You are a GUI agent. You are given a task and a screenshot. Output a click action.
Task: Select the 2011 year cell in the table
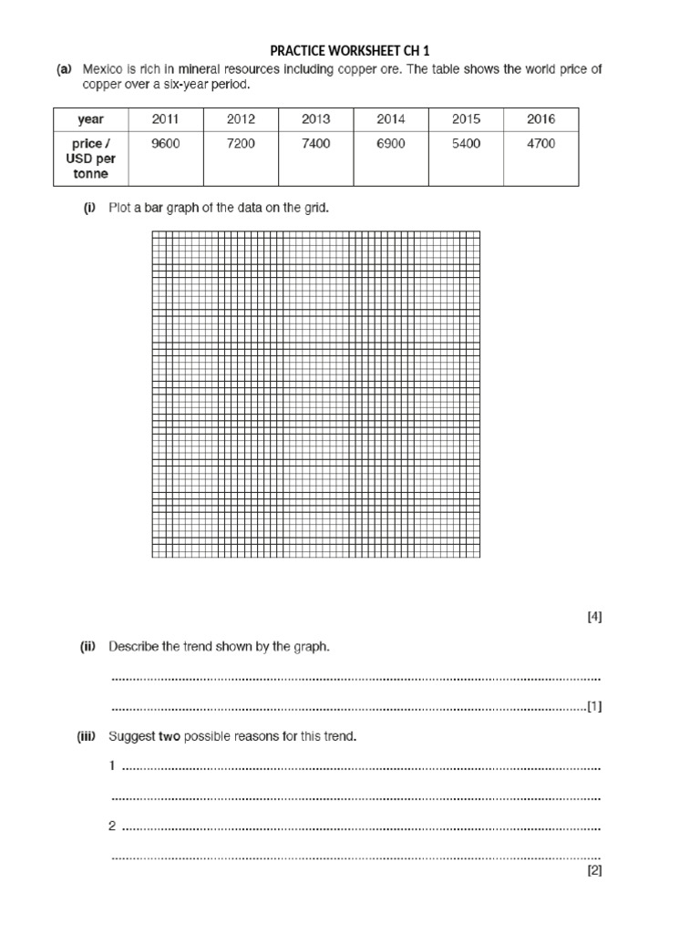(x=165, y=119)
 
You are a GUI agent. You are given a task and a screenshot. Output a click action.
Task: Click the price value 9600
(x=165, y=144)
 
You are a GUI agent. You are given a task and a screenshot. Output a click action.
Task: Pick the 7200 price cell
(x=240, y=144)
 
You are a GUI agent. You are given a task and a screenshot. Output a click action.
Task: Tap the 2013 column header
(x=315, y=119)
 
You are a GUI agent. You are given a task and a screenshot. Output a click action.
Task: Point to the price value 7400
(x=315, y=144)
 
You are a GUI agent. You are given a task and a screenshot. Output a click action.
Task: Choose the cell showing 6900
(x=390, y=144)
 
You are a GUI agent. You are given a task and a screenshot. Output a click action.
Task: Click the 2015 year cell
(x=466, y=119)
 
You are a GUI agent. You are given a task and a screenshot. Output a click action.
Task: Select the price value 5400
(x=466, y=144)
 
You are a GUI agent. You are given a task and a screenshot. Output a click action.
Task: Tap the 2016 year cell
(x=540, y=119)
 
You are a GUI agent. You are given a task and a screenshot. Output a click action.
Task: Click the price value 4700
(x=540, y=144)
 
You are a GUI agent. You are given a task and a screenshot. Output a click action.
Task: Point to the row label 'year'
(x=90, y=119)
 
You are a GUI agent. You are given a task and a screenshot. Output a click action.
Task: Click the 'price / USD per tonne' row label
(x=90, y=159)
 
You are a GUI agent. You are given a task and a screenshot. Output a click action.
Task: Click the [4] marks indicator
(x=594, y=617)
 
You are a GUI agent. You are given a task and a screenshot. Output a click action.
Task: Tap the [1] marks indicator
(x=594, y=706)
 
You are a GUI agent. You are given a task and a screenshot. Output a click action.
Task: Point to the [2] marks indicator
(x=594, y=870)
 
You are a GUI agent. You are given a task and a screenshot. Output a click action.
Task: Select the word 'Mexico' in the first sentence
(x=102, y=69)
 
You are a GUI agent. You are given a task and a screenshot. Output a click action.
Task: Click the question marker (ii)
(x=87, y=647)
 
